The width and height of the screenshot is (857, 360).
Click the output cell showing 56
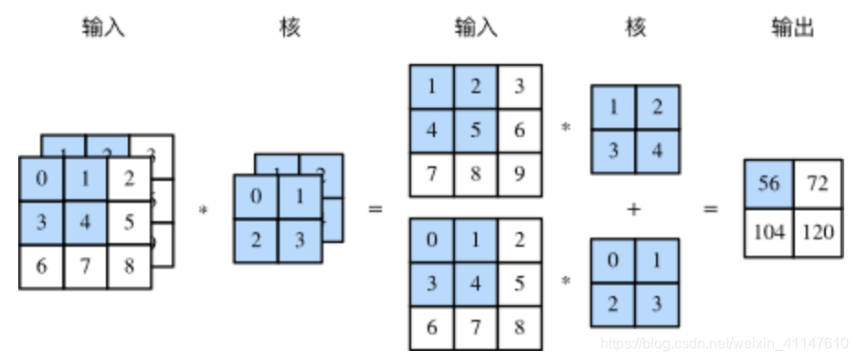pyautogui.click(x=768, y=185)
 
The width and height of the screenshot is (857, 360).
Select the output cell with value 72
pyautogui.click(x=816, y=185)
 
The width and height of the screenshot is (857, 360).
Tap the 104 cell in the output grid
pyautogui.click(x=768, y=232)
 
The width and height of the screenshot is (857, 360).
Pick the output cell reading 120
pyautogui.click(x=816, y=232)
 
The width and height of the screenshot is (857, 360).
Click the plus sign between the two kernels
pyautogui.click(x=634, y=209)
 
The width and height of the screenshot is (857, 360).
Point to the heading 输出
pyautogui.click(x=791, y=28)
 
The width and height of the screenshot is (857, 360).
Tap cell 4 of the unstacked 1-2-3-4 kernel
pyautogui.click(x=657, y=151)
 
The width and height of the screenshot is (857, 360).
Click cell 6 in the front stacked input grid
pyautogui.click(x=41, y=267)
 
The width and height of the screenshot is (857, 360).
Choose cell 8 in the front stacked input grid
pyautogui.click(x=129, y=267)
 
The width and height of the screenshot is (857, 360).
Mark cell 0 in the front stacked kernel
pyautogui.click(x=256, y=196)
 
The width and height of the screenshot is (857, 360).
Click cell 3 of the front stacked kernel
pyautogui.click(x=300, y=240)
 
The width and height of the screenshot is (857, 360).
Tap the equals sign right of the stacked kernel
pyautogui.click(x=375, y=209)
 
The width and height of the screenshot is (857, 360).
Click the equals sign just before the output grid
pyautogui.click(x=710, y=209)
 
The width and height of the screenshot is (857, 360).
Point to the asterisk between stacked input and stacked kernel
pyautogui.click(x=202, y=210)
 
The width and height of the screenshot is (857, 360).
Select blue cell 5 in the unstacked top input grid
pyautogui.click(x=476, y=132)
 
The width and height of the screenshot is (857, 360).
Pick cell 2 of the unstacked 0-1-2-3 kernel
pyautogui.click(x=613, y=304)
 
